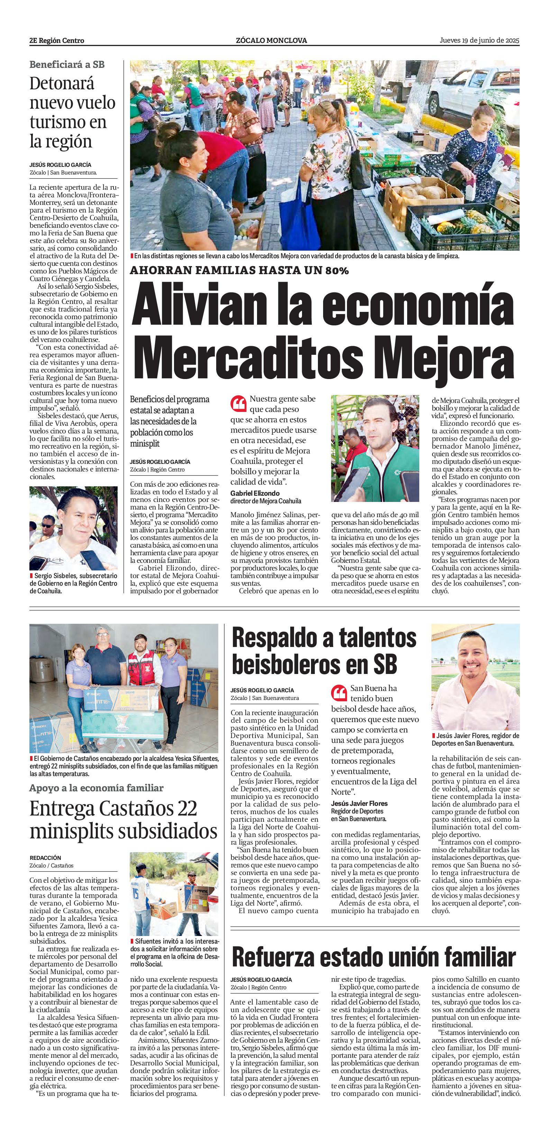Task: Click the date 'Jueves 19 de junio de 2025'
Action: point(479,40)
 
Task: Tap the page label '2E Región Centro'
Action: point(57,40)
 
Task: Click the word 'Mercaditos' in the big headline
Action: point(253,358)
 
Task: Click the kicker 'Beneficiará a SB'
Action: point(67,65)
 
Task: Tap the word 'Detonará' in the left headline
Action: point(62,84)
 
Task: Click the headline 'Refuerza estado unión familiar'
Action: point(374,957)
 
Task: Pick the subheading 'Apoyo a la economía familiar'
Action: point(96,788)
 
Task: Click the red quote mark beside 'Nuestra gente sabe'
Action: point(238,403)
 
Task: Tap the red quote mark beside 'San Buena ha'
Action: point(339,693)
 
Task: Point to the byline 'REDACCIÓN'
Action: point(45,857)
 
